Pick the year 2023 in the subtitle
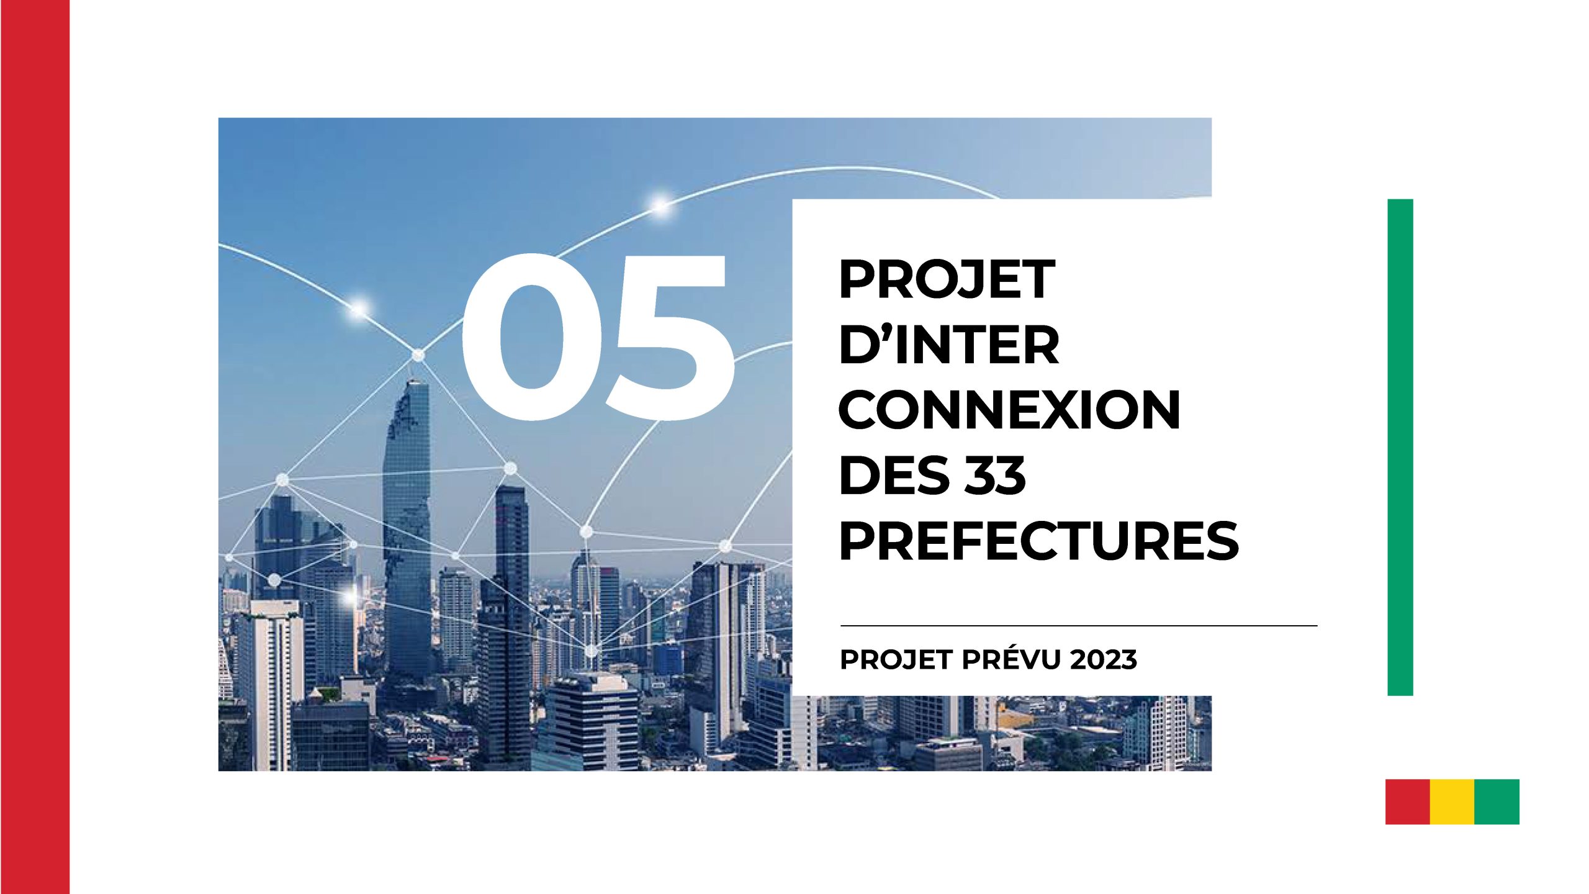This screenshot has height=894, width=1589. click(x=1104, y=660)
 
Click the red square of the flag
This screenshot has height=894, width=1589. click(x=1408, y=801)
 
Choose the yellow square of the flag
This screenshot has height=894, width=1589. click(x=1452, y=801)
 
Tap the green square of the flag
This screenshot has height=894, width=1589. click(x=1497, y=801)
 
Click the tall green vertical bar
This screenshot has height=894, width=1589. click(x=1400, y=447)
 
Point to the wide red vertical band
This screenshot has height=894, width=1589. click(x=35, y=447)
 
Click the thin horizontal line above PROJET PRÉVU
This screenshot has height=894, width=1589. click(x=1079, y=626)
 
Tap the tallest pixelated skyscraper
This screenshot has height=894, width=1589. click(x=407, y=528)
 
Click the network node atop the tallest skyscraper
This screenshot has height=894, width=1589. click(x=418, y=355)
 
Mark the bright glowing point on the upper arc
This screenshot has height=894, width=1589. click(x=660, y=204)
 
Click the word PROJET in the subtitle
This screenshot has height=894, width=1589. click(x=896, y=660)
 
